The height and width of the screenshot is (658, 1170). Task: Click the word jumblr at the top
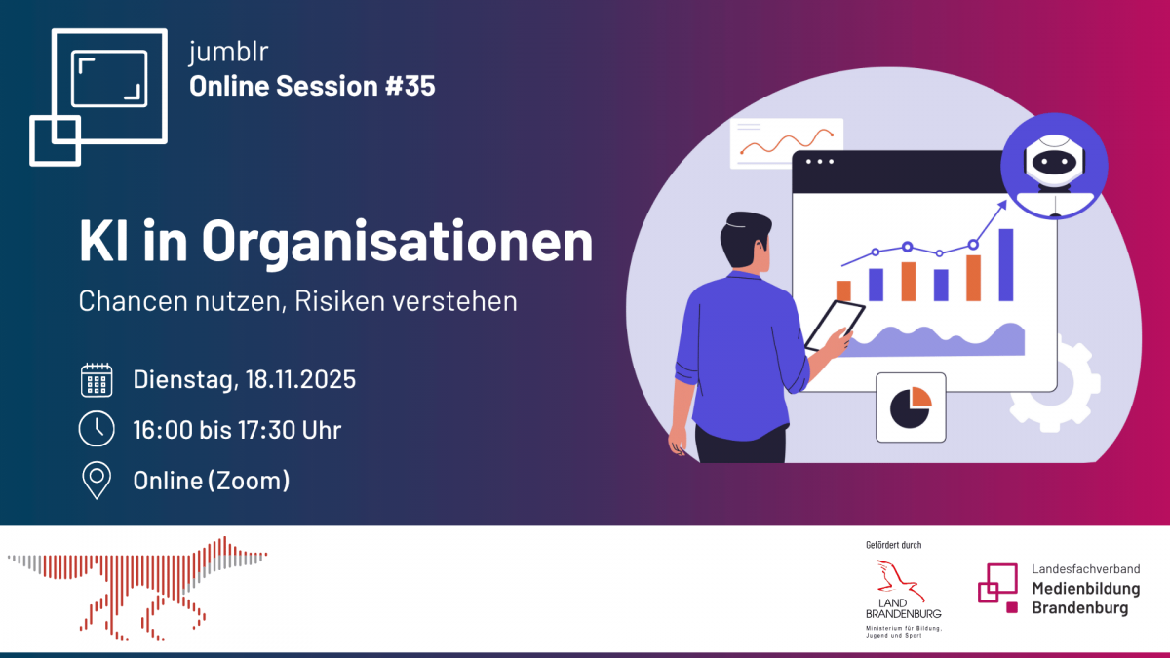pos(228,53)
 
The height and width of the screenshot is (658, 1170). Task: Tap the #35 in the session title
pos(410,86)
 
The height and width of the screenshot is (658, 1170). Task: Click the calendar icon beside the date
pos(97,380)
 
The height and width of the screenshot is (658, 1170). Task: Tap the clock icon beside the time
pos(97,429)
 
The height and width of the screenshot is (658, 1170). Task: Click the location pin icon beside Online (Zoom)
pos(97,481)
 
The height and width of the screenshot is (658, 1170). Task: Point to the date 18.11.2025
pos(300,379)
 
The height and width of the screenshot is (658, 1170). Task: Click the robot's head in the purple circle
pos(1055,160)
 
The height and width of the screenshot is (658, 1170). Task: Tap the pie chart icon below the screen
pos(911,407)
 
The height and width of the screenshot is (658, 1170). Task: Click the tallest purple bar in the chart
pos(1006,265)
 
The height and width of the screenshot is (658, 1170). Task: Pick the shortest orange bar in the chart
pos(843,290)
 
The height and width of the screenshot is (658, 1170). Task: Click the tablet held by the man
pos(835,326)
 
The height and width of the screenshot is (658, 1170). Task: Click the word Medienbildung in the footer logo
pos(1086,589)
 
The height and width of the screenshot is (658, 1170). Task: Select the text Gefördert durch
pos(894,545)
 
